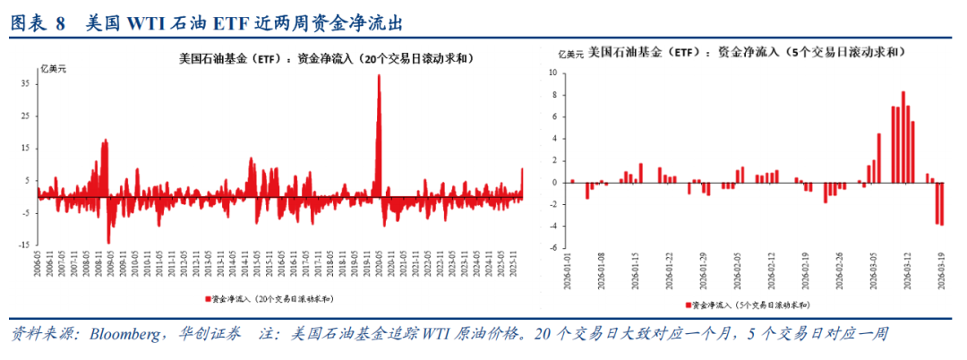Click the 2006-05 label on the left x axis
tap(38, 263)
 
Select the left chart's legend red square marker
tap(208, 297)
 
